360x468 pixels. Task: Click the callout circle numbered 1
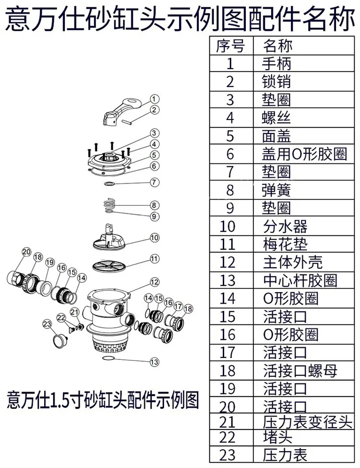[x=154, y=99]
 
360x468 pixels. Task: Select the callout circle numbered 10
[x=155, y=237]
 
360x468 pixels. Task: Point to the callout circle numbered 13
[x=154, y=362]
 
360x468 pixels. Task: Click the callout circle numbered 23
[x=48, y=324]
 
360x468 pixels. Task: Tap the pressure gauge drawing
[x=60, y=339]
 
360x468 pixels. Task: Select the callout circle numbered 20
[x=26, y=252]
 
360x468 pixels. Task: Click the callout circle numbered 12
[x=154, y=282]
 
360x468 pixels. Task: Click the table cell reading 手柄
[x=276, y=63]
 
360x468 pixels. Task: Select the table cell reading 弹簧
[x=276, y=190]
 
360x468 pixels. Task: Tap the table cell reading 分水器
[x=285, y=226]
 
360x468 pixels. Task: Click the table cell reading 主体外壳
[x=293, y=262]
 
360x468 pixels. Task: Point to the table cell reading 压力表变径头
[x=308, y=422]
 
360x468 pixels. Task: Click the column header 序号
[x=230, y=46]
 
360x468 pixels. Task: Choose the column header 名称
[x=278, y=46]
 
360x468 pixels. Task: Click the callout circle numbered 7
[x=154, y=182]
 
